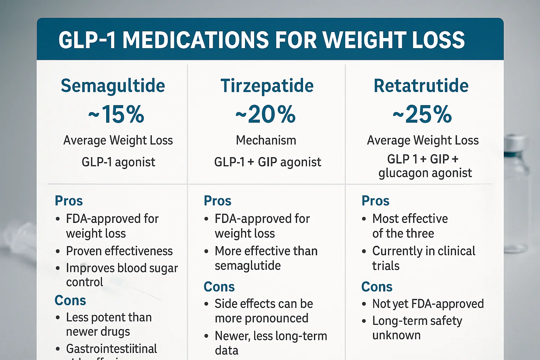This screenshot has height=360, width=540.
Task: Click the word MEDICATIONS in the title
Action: pos(195,40)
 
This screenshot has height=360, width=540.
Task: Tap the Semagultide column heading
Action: pos(113,86)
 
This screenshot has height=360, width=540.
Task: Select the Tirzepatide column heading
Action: pos(267,86)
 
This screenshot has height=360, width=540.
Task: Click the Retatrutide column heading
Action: pos(421,86)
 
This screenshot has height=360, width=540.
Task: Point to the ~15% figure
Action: pos(116,114)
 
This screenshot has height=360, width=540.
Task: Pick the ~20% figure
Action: pos(266,114)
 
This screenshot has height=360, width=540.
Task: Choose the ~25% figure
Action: pos(422,114)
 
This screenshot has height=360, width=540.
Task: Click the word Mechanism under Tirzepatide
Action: pos(266,140)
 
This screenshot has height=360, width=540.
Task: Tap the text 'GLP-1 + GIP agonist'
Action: pos(268,162)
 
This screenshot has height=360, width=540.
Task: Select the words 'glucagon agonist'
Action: pos(425,173)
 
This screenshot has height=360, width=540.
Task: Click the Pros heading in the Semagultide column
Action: pos(69,201)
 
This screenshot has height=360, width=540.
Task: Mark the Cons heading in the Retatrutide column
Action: pos(377,287)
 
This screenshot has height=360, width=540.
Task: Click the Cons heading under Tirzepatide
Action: pos(219,287)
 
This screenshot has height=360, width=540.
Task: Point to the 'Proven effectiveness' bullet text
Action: pos(119,251)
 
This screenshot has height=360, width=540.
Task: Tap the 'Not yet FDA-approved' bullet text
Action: pos(428,304)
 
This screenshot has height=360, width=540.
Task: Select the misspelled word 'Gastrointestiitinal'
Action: pos(111,349)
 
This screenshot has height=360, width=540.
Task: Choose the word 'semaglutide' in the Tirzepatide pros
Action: pos(247,266)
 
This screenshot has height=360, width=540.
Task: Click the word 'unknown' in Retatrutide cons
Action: pos(396,335)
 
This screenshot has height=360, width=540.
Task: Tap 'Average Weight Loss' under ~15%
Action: pos(118,140)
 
